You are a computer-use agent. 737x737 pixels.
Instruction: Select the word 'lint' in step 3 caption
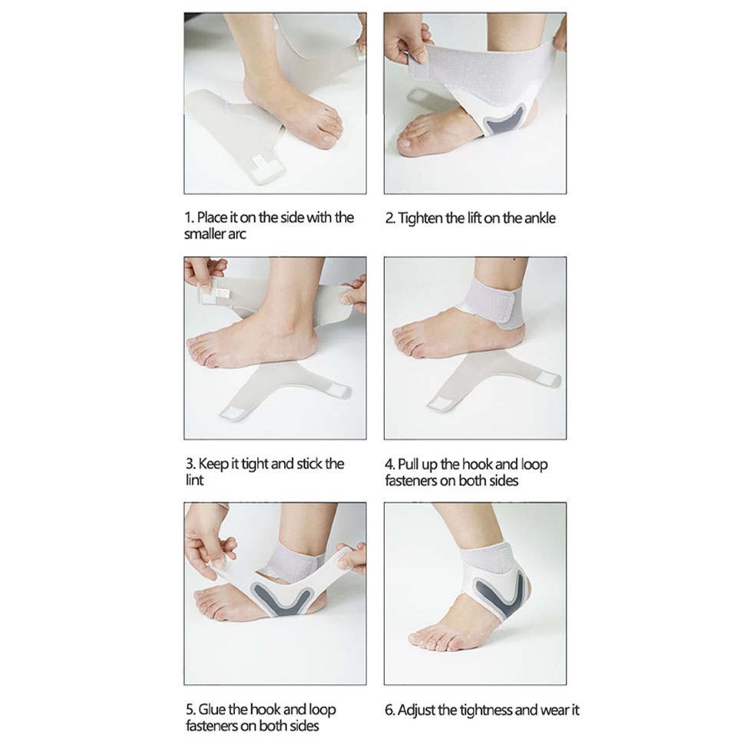[x=194, y=481]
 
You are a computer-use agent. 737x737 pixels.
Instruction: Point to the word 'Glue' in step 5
[x=212, y=709]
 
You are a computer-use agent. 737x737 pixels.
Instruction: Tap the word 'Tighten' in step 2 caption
[x=420, y=219]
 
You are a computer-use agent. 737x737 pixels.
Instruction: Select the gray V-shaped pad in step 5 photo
[x=280, y=598]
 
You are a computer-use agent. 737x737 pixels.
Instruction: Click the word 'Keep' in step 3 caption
[x=213, y=464]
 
